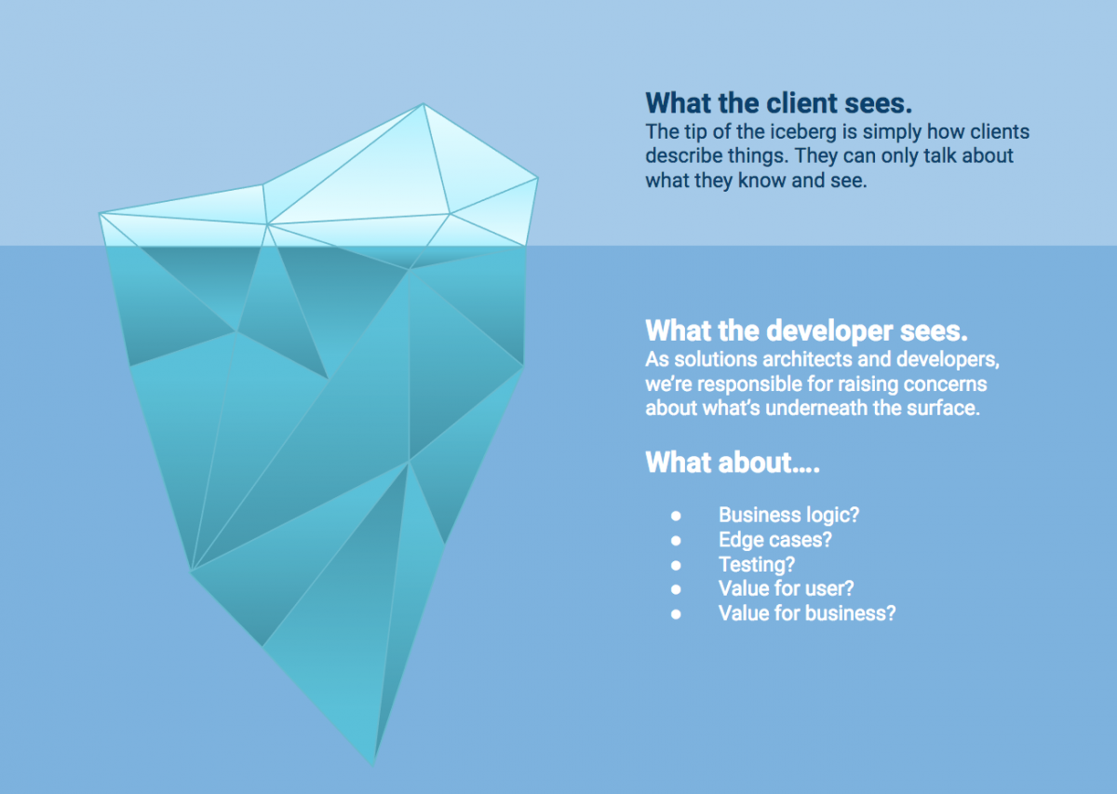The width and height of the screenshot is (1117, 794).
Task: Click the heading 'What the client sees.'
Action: point(778,103)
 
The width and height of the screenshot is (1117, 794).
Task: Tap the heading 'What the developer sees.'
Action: point(806,330)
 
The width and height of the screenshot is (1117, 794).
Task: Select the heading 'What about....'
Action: point(732,462)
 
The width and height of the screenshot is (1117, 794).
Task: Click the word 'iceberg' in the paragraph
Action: point(802,132)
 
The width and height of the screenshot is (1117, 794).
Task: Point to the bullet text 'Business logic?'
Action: point(789,515)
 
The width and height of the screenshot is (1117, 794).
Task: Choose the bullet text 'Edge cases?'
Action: point(774,540)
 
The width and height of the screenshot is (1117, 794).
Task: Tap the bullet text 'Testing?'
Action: point(757,565)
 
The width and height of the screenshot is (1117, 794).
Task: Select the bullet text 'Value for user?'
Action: point(786,588)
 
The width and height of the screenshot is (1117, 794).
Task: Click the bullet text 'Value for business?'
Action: point(807,613)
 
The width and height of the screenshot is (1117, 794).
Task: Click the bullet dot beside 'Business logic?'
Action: point(676,516)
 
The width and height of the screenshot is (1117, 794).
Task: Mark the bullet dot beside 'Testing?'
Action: point(676,565)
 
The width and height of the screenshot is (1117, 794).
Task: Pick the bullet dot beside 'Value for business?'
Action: point(676,614)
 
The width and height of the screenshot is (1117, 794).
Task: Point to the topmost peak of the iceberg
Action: point(424,103)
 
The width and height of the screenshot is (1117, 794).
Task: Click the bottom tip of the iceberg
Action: point(373,764)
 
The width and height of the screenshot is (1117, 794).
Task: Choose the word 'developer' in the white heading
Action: point(829,331)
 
